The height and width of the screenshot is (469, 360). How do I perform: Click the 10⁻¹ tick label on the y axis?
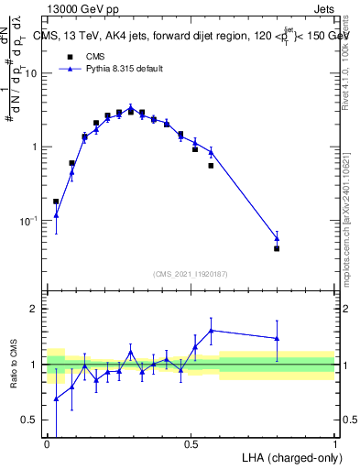tap(31, 221)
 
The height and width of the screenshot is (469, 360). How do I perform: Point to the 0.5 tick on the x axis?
tap(191, 443)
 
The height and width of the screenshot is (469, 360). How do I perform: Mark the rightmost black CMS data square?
tap(277, 248)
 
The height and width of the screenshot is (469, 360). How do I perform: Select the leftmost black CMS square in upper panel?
tap(56, 202)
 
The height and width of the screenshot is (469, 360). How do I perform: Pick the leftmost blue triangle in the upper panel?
tap(56, 215)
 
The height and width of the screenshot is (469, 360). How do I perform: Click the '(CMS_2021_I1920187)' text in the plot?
tap(190, 274)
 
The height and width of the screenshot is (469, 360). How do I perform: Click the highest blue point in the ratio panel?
tap(212, 330)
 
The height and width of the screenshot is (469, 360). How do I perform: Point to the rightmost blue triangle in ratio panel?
tap(277, 338)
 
